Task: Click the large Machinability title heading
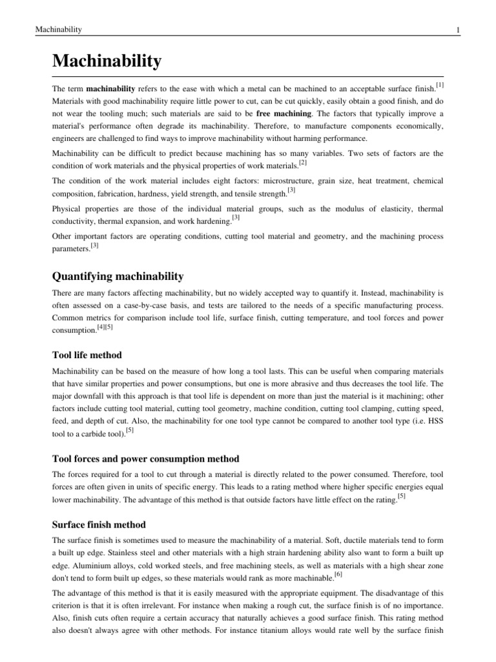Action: [x=107, y=61]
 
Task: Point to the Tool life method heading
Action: [x=87, y=355]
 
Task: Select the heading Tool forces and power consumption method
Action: [x=145, y=458]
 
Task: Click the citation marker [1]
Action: [x=439, y=85]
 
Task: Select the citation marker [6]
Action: [x=339, y=574]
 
